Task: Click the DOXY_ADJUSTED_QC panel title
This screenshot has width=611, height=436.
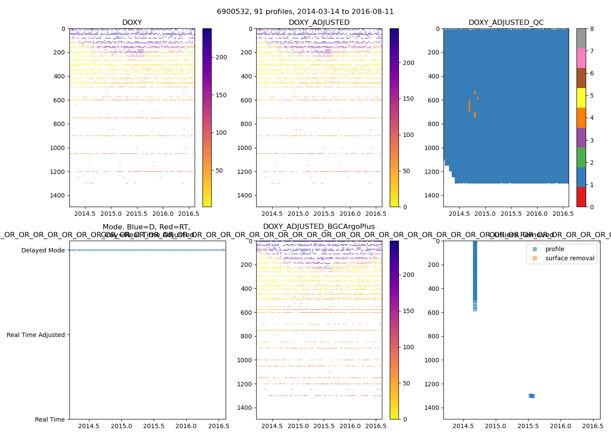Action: click(506, 23)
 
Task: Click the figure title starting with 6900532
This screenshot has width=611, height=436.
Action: click(305, 11)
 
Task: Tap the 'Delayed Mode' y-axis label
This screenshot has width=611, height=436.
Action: click(43, 250)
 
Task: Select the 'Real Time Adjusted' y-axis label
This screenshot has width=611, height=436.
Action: click(35, 335)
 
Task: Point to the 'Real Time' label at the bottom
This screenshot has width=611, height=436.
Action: click(50, 419)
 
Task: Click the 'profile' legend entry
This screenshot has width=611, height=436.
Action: click(554, 249)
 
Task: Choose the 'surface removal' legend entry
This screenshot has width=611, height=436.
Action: click(570, 258)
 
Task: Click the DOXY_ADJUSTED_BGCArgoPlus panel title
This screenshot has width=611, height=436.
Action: click(319, 227)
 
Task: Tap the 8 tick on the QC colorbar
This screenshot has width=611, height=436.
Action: click(592, 29)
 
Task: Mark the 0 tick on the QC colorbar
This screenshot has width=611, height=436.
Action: click(592, 207)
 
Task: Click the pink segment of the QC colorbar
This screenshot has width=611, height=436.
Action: click(581, 58)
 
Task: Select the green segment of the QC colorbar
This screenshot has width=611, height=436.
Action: click(581, 157)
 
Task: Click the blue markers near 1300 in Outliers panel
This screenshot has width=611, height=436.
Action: click(532, 396)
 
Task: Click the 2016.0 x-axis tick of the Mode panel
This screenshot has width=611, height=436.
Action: click(186, 426)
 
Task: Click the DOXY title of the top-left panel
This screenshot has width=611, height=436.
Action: click(132, 23)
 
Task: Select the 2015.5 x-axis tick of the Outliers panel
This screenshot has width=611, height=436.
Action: click(528, 426)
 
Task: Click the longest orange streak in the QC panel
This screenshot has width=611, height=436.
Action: click(470, 106)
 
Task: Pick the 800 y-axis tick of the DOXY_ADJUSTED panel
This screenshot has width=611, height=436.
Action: click(247, 124)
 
